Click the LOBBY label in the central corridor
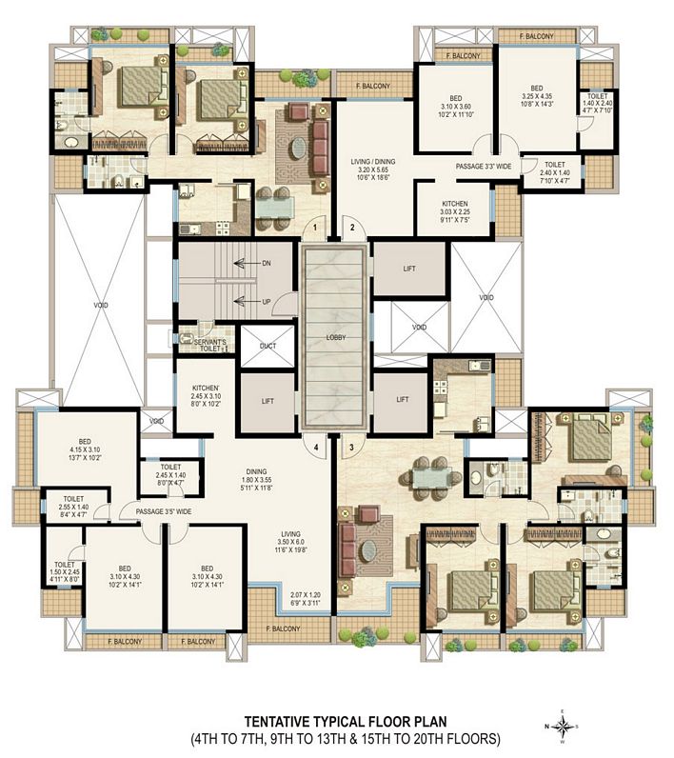pos(334,338)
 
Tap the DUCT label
pos(268,346)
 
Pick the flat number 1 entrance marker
pos(317,228)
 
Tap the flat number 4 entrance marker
pos(317,446)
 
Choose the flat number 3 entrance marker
pos(351,446)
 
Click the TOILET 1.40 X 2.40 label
pos(598,102)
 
